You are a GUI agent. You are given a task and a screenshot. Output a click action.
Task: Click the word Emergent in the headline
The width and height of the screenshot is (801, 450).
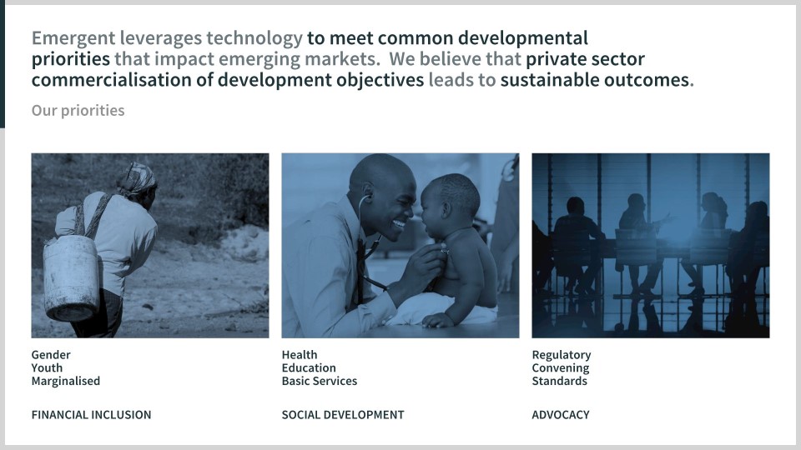[x=73, y=39]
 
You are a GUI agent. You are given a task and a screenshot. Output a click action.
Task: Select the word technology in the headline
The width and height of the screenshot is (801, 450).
[x=254, y=39]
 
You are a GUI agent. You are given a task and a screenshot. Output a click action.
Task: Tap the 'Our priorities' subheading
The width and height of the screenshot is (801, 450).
[x=78, y=111]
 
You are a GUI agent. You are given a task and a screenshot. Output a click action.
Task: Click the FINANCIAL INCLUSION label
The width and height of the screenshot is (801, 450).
[x=92, y=415]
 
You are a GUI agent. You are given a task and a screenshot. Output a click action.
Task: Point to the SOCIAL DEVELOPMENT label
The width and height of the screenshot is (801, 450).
[x=343, y=415]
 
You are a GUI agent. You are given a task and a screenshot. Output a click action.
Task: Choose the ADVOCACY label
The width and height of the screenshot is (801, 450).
[x=561, y=415]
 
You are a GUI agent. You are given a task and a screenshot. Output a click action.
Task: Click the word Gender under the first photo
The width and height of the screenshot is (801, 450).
[x=51, y=355]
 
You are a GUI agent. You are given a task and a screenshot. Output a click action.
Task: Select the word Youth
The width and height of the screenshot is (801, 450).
[x=47, y=367]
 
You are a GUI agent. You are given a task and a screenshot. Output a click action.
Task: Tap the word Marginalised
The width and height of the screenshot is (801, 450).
[x=66, y=381]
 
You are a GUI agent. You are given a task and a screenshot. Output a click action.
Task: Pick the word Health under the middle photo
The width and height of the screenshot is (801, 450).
[x=300, y=355]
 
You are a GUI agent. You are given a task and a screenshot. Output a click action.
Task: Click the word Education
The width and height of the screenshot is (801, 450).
[x=309, y=367]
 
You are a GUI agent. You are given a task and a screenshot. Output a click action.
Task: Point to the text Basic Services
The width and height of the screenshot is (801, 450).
[x=320, y=381]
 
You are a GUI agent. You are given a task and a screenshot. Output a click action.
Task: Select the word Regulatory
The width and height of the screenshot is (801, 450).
[x=562, y=355]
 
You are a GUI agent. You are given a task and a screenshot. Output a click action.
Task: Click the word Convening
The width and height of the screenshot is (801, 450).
[x=561, y=368]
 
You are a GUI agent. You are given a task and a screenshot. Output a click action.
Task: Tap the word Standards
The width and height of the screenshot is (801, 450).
[x=559, y=381]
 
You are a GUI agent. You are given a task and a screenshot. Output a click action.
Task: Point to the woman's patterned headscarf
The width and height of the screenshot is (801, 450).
[x=137, y=178]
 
